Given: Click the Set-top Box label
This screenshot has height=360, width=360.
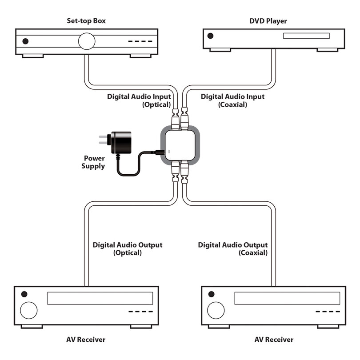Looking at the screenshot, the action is click(x=86, y=21).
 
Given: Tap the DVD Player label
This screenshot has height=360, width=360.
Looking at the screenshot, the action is click(x=268, y=21).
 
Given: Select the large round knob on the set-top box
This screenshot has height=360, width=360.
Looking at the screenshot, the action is click(x=87, y=41).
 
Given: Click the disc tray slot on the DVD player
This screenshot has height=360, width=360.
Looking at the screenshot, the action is click(x=306, y=36).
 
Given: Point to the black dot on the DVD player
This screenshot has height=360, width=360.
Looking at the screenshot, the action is click(x=210, y=36).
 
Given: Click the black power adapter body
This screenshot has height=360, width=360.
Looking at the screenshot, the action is click(x=121, y=142).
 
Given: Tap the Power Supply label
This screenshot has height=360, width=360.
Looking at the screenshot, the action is click(x=93, y=162).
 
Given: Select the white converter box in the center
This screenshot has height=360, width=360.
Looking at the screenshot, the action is click(x=180, y=145).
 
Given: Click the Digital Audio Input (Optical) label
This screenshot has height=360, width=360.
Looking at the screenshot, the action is click(x=139, y=100).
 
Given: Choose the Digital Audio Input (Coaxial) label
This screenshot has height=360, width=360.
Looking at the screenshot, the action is click(x=232, y=100).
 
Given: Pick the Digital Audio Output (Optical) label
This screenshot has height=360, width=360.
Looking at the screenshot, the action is click(x=128, y=248).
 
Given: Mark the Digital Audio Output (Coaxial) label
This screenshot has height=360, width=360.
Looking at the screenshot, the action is click(x=233, y=248).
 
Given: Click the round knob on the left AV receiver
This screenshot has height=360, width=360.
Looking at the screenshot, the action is click(x=29, y=310).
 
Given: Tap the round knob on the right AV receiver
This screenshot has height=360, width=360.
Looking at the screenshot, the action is click(x=216, y=310).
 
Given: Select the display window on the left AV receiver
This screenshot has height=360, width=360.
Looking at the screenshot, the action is click(x=100, y=298).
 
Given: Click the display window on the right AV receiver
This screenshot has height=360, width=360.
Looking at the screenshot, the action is click(x=287, y=298).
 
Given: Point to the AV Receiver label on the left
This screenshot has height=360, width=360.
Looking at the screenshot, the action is click(x=86, y=340).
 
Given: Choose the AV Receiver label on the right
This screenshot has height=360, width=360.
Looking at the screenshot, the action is click(x=274, y=340).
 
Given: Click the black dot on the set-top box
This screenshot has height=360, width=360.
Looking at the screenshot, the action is click(x=25, y=41).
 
